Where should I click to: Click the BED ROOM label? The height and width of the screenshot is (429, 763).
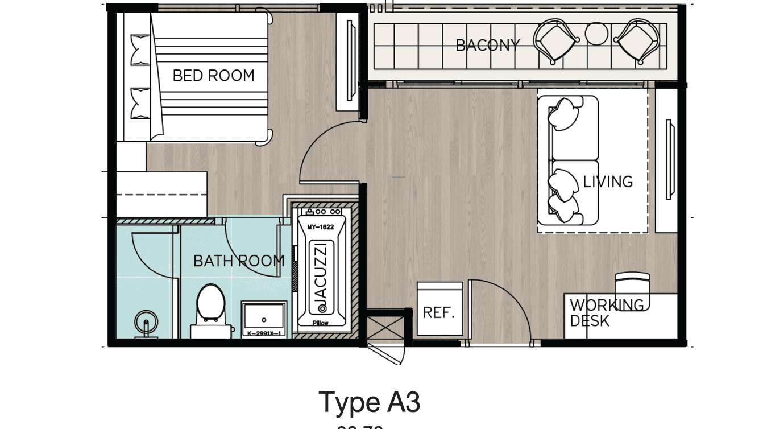213,76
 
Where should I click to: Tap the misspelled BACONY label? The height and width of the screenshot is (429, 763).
487,45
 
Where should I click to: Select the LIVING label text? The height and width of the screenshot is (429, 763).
608,182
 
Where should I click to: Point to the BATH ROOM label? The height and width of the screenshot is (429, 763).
238,261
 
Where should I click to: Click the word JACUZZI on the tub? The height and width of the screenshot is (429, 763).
321,273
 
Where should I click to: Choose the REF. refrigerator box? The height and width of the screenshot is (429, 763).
439,312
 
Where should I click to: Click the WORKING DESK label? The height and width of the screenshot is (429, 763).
607,312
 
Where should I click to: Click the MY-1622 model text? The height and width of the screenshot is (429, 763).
321,227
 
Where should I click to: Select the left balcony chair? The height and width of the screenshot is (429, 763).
556,40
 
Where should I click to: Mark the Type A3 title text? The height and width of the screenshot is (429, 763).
369,402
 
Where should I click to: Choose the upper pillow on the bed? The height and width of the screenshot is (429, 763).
140,50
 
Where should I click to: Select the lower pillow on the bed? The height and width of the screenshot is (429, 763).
140,102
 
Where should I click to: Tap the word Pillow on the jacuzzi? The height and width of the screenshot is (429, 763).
321,323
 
